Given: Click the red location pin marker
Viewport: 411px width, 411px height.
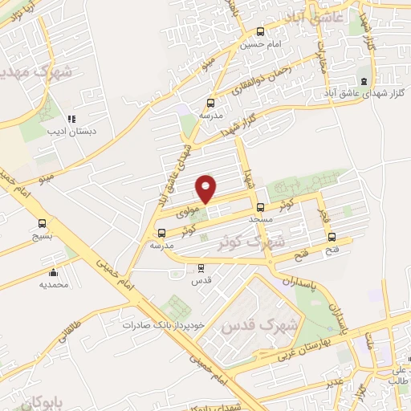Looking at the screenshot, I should (206, 189).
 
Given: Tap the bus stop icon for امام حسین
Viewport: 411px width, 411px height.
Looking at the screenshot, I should (259, 32).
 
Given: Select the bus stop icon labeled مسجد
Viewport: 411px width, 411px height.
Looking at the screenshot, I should (259, 206).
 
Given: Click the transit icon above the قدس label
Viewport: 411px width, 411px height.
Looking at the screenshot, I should (201, 269).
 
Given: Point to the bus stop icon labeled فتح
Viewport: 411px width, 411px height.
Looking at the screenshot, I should (332, 237).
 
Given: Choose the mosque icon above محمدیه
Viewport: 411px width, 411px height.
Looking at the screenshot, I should (53, 272).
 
